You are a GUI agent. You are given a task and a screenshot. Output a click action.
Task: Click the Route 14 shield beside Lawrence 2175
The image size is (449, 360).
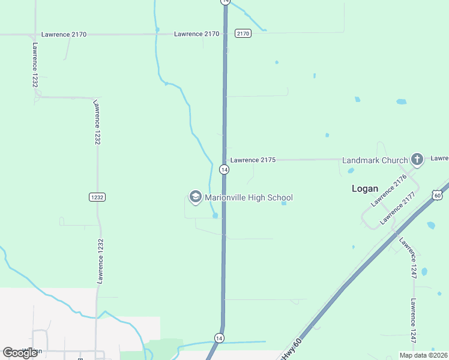click(223, 170)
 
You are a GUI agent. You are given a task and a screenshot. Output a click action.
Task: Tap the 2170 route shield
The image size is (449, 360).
click(243, 34)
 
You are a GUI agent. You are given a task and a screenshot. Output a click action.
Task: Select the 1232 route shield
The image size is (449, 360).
click(97, 197)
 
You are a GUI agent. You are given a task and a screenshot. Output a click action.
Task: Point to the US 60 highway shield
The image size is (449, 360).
click(437, 194)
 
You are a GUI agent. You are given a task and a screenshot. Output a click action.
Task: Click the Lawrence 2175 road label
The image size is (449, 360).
click(253, 160)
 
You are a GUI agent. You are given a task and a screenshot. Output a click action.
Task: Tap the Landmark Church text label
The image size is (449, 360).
click(375, 160)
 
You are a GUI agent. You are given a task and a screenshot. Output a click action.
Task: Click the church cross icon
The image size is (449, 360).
click(417, 160)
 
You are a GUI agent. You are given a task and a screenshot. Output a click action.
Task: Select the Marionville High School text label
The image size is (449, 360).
click(249, 197)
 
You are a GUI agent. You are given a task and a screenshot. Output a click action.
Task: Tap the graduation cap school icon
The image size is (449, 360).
click(195, 197)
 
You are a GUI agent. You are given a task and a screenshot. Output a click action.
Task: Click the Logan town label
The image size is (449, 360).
click(364, 188)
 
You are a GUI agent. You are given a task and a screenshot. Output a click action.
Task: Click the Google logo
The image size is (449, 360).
click(20, 352)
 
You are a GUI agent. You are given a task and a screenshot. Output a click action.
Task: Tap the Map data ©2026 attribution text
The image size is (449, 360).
click(423, 355)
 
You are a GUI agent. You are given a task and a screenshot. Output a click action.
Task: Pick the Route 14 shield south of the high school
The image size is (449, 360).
click(219, 338)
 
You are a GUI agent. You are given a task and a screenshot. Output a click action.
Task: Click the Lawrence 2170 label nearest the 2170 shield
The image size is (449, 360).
click(197, 34)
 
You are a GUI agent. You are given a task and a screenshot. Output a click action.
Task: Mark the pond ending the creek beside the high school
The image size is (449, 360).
click(214, 215)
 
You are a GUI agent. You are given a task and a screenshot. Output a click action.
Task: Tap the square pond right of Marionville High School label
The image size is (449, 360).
click(284, 203)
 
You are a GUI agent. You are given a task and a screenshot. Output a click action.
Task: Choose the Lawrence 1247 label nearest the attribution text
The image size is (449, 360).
click(413, 321)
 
